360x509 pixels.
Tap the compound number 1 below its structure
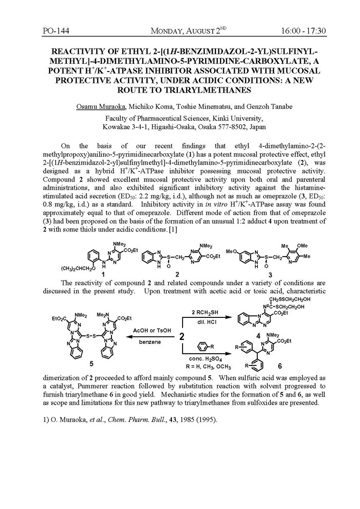tap(104, 274)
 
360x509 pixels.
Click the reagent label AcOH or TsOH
tap(148, 330)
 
